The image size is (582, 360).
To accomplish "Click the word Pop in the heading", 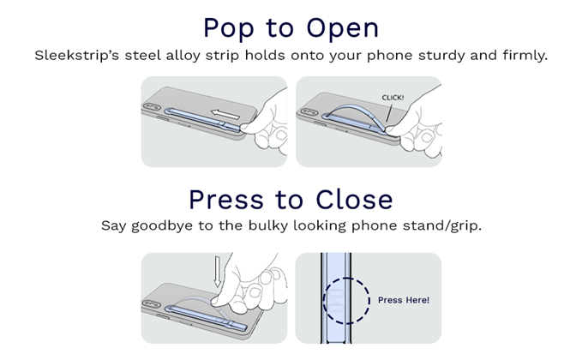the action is pos(228,28).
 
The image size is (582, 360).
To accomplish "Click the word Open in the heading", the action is pos(342,28).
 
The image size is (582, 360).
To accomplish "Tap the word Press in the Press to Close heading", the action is pos(226,200).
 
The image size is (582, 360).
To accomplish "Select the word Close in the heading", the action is pos(354,200).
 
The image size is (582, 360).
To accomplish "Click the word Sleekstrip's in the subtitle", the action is pos(77,56).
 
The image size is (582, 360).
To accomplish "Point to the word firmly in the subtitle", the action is pos(525,56).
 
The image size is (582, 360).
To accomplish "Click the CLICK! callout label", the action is pos(393,98).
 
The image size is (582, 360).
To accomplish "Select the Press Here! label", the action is pos(404,300).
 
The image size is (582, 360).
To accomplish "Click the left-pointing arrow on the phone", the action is pos(225,114).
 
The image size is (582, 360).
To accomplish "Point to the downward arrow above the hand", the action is pos(218,272).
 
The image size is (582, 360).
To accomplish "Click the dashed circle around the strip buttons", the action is pos(369,301).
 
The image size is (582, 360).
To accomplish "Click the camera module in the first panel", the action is pos(152,107).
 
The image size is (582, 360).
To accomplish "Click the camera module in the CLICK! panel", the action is pos(309,111).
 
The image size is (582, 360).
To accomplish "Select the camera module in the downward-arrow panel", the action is pos(152,303).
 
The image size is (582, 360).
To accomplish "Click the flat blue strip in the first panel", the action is pos(203,119).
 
